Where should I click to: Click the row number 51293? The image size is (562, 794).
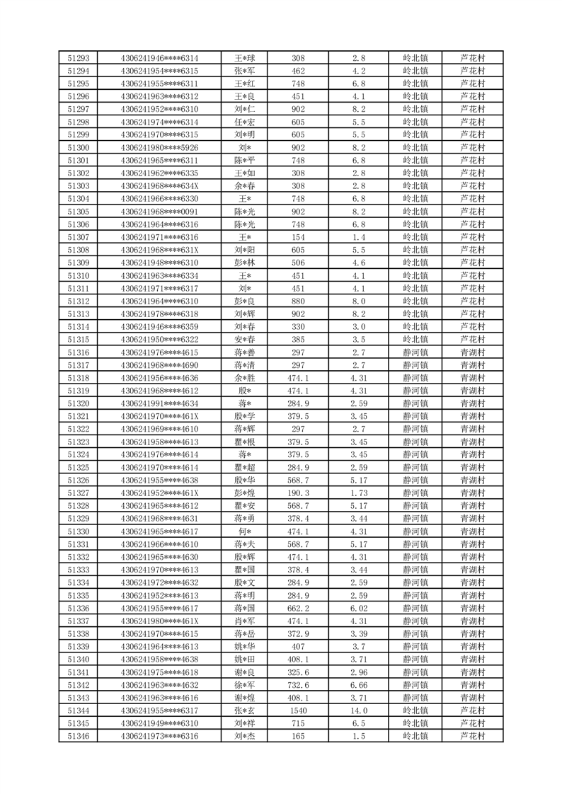[78, 58]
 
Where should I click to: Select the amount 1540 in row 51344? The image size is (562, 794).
[298, 710]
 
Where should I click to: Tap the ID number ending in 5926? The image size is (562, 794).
[159, 148]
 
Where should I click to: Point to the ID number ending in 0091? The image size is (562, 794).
[159, 212]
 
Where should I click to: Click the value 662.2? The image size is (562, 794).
[298, 608]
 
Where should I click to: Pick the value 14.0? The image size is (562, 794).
[358, 710]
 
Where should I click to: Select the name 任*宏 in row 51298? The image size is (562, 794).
[245, 122]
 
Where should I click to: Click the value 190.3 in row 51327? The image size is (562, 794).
[298, 493]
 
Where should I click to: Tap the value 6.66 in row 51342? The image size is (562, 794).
[358, 685]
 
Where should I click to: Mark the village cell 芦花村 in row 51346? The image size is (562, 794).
[472, 736]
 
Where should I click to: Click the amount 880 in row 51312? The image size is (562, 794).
[298, 301]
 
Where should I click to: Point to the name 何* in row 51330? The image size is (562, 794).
[245, 531]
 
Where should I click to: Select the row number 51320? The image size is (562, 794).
[78, 403]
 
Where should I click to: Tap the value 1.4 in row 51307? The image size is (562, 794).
[358, 237]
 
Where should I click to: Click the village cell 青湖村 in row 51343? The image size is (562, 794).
[472, 698]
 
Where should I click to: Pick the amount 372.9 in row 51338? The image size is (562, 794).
[298, 634]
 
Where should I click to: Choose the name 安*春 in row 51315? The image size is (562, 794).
[245, 340]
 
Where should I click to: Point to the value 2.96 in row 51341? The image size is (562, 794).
[358, 672]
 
